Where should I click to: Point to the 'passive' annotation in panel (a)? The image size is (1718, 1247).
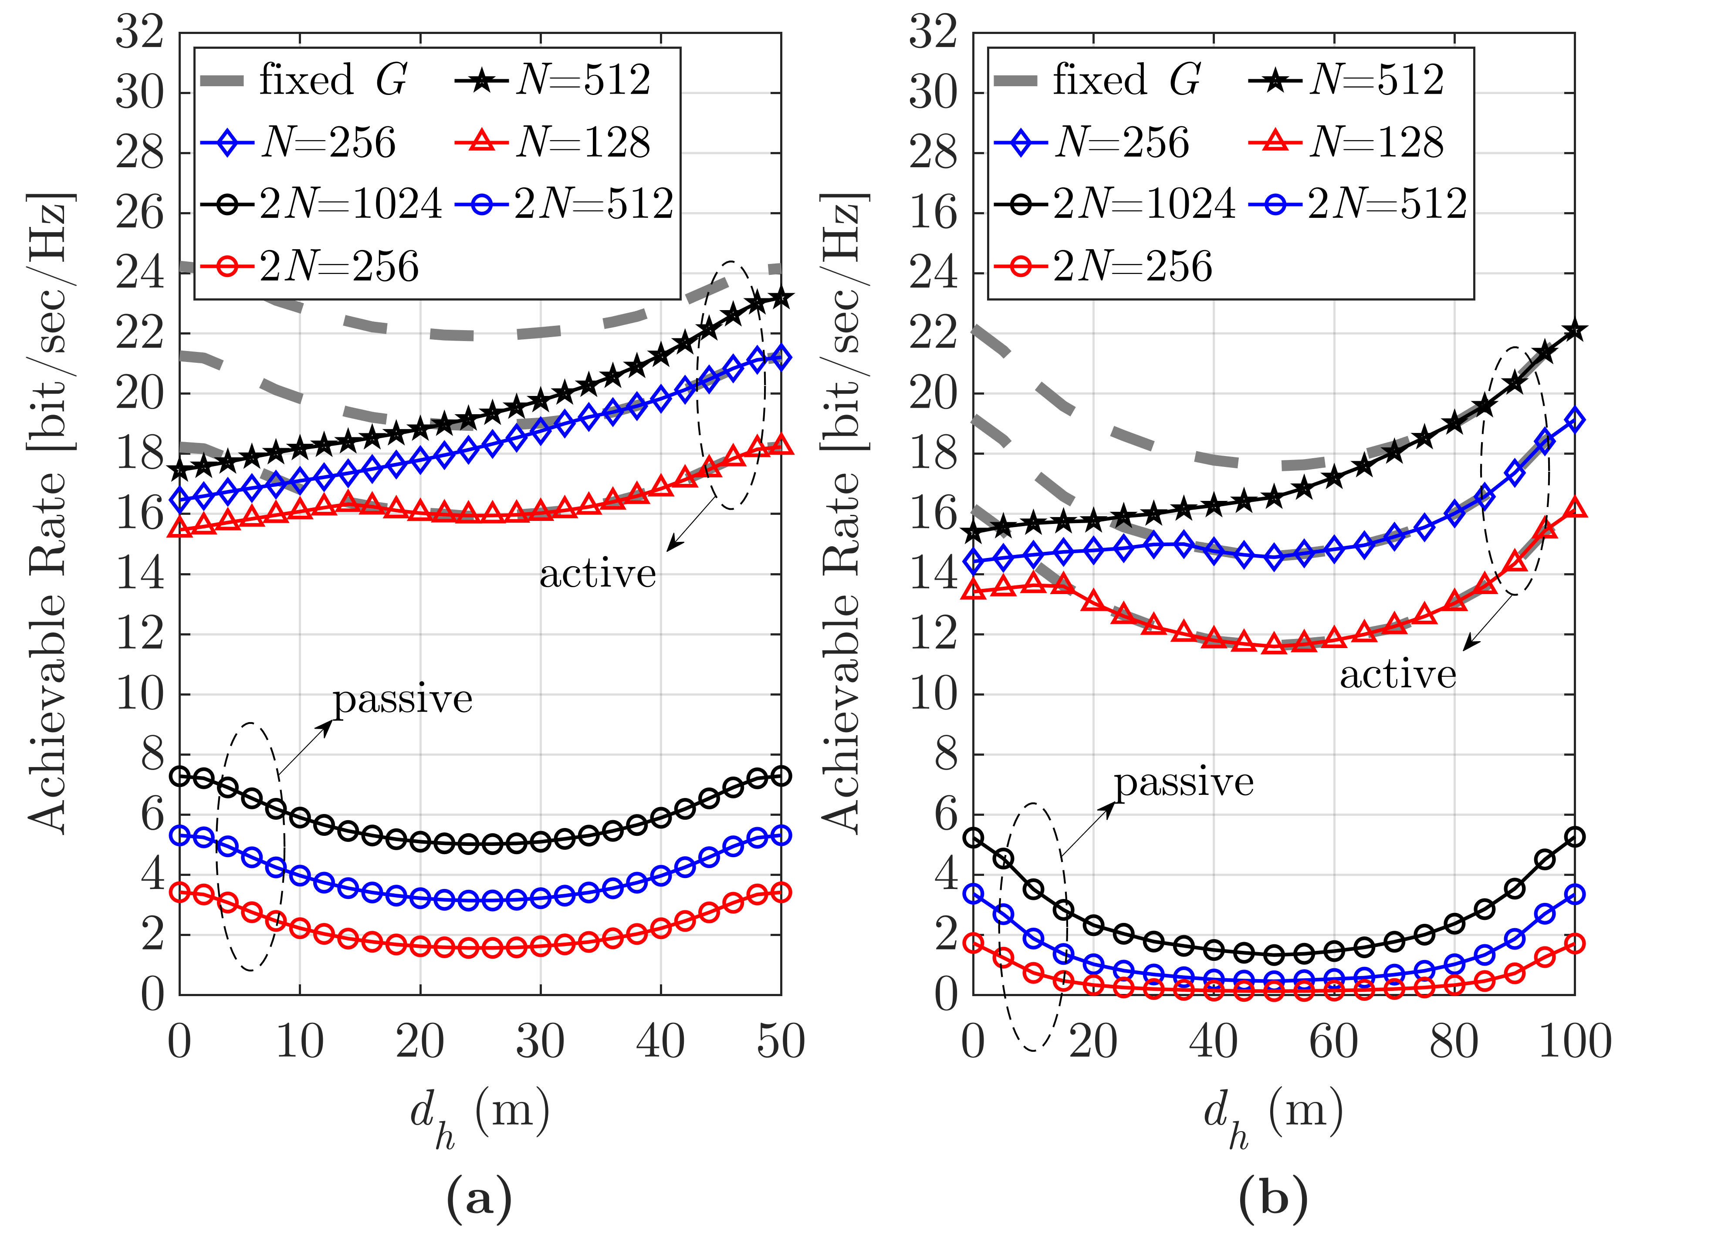[403, 699]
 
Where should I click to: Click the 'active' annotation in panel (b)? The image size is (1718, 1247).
[1397, 674]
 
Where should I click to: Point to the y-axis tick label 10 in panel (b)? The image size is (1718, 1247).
[933, 694]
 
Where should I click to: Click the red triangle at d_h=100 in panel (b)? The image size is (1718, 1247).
[1575, 507]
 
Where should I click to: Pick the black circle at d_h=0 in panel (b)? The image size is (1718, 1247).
[974, 838]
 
